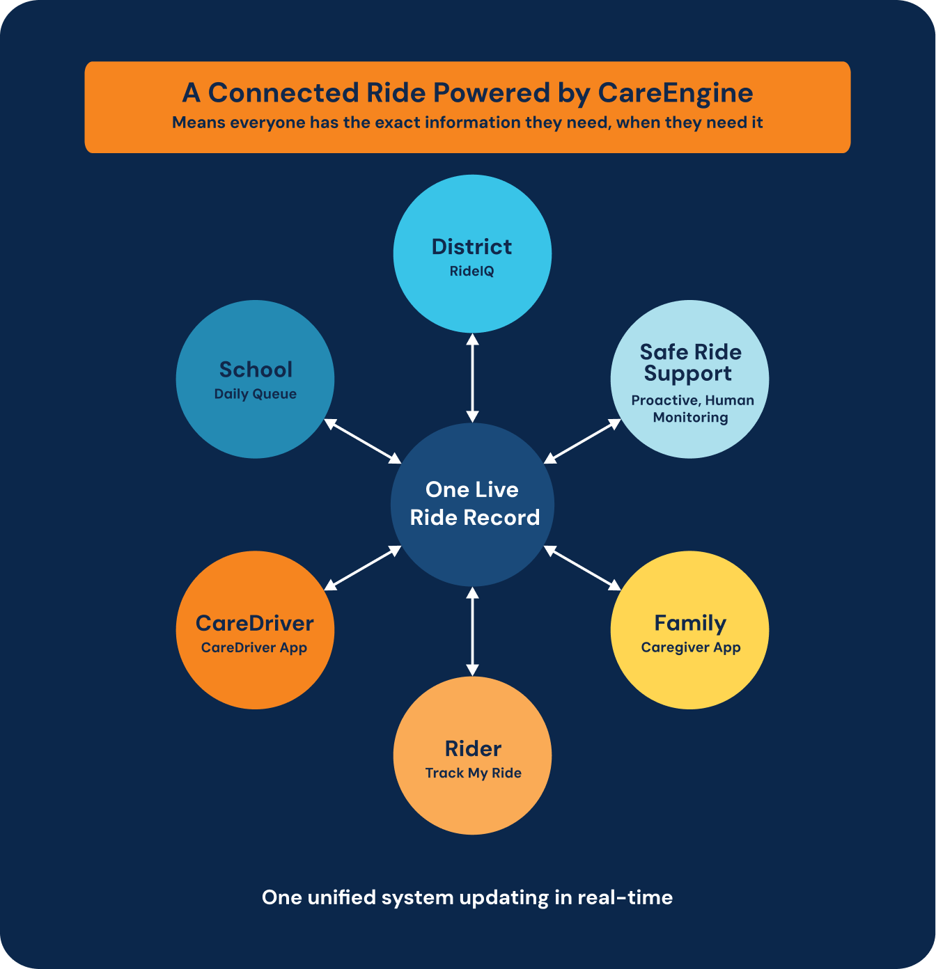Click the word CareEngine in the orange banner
click(675, 93)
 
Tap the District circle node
click(472, 253)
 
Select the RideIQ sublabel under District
click(471, 271)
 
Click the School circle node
click(255, 379)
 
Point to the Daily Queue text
click(255, 394)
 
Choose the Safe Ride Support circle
click(690, 379)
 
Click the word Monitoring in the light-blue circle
click(690, 417)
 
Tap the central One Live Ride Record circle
click(472, 505)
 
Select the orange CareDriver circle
click(255, 630)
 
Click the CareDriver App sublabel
click(254, 648)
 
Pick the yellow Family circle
click(690, 630)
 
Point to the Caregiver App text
click(690, 647)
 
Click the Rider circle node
click(472, 755)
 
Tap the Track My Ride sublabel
click(474, 773)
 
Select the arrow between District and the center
click(472, 378)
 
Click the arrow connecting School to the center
click(363, 441)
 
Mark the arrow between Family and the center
click(582, 568)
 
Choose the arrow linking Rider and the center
click(472, 631)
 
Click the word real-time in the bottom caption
click(625, 897)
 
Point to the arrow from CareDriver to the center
click(363, 568)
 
